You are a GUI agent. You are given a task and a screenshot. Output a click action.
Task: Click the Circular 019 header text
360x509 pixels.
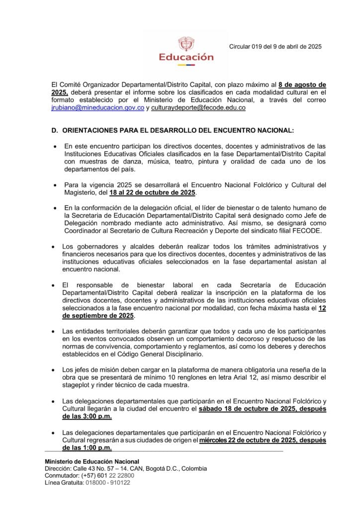pos(275,47)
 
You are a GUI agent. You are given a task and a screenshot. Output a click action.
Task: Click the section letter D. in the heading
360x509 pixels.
pos(55,131)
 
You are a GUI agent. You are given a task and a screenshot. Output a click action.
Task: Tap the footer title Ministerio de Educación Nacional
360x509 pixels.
pos(92,461)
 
